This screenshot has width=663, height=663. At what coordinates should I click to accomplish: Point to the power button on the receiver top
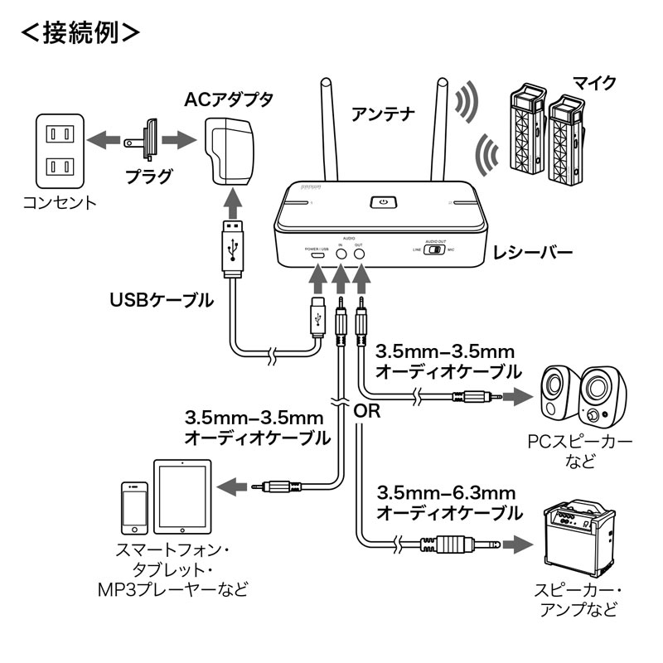[381, 202]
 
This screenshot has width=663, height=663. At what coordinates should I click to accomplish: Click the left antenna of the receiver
[327, 133]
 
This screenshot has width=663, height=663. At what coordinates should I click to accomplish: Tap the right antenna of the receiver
[439, 133]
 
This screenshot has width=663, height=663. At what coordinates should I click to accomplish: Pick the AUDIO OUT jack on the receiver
[359, 255]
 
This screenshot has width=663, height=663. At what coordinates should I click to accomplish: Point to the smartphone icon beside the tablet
[133, 506]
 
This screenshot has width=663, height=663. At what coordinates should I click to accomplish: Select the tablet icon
[181, 498]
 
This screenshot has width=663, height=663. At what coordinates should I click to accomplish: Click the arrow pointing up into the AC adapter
[233, 202]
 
